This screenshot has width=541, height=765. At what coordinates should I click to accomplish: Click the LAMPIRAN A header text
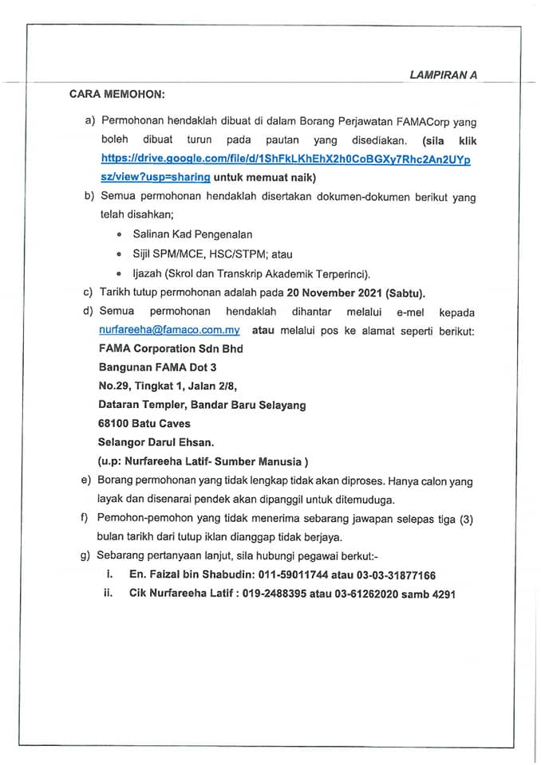click(443, 76)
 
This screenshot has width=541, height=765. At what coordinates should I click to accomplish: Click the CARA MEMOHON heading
click(116, 94)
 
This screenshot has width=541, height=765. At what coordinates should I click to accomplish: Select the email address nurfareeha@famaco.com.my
click(169, 329)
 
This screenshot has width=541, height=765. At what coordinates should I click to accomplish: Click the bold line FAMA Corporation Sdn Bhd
click(170, 348)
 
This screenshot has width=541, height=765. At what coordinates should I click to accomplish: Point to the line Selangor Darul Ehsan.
click(151, 442)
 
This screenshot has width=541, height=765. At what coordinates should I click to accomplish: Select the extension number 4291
click(443, 594)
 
